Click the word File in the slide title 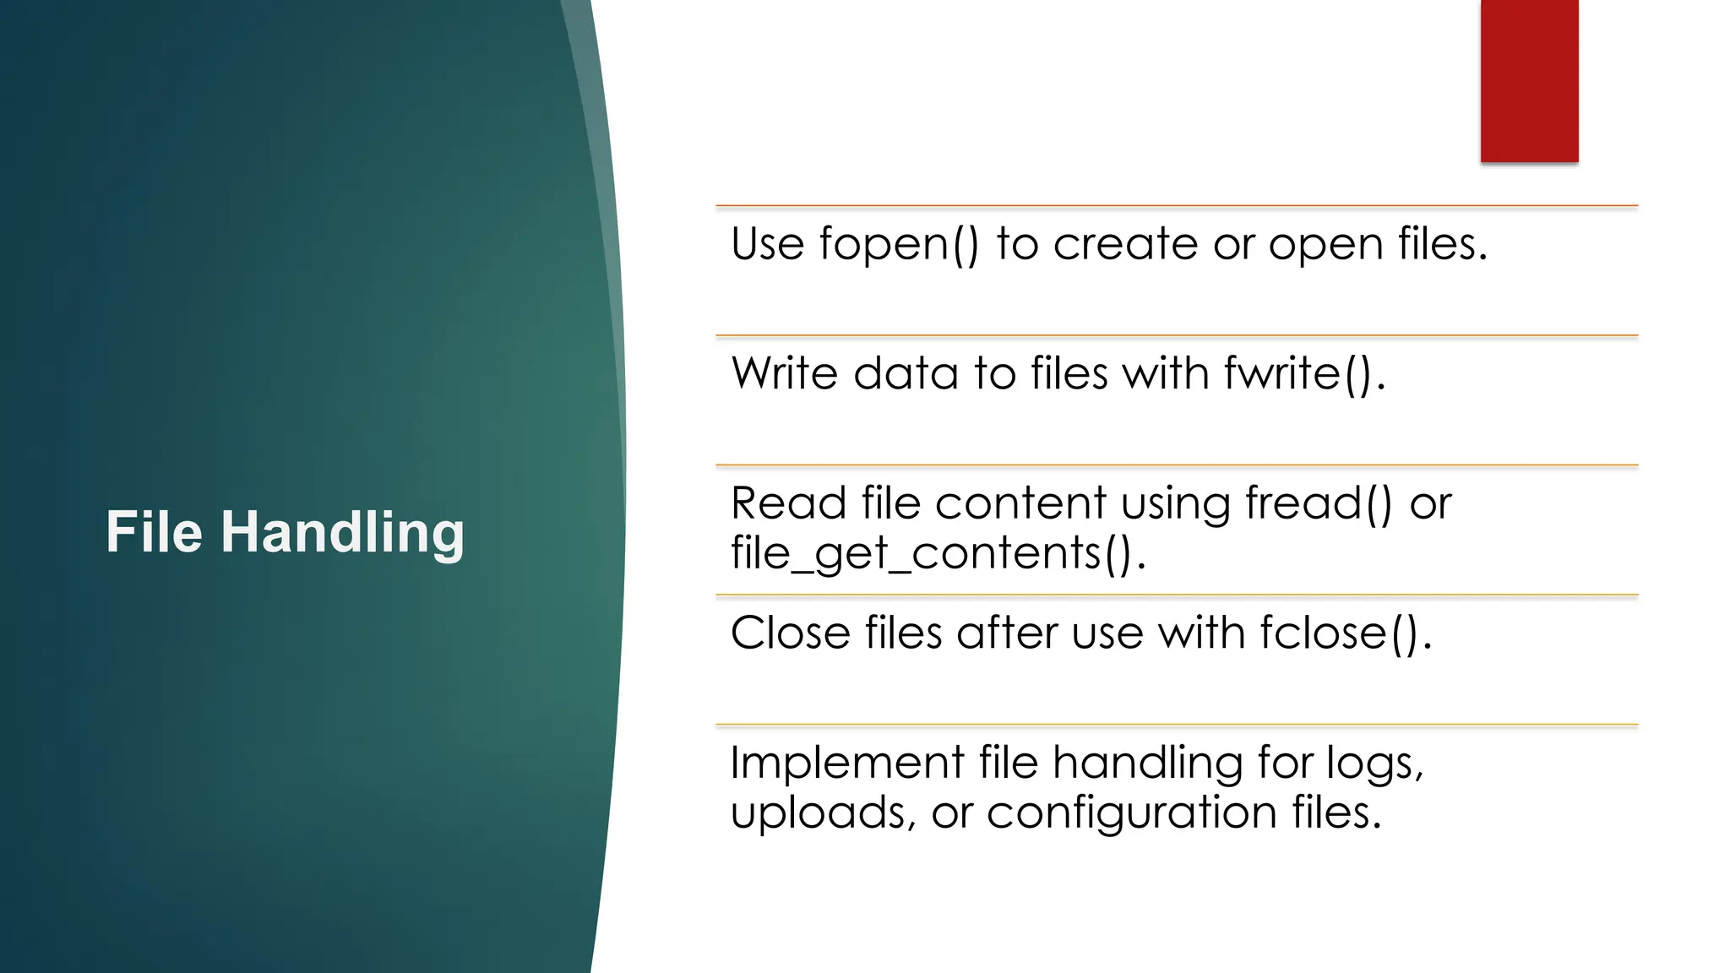point(154,532)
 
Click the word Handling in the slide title point(342,534)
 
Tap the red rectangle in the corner point(1529,80)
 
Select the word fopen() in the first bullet point(899,245)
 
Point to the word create point(1125,245)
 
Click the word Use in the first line point(767,245)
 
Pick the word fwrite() point(1304,374)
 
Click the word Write point(785,374)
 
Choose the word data point(906,374)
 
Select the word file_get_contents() point(938,555)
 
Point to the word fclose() point(1346,633)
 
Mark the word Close point(790,633)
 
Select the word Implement point(846,764)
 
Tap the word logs point(1374,764)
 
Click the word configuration point(1131,814)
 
